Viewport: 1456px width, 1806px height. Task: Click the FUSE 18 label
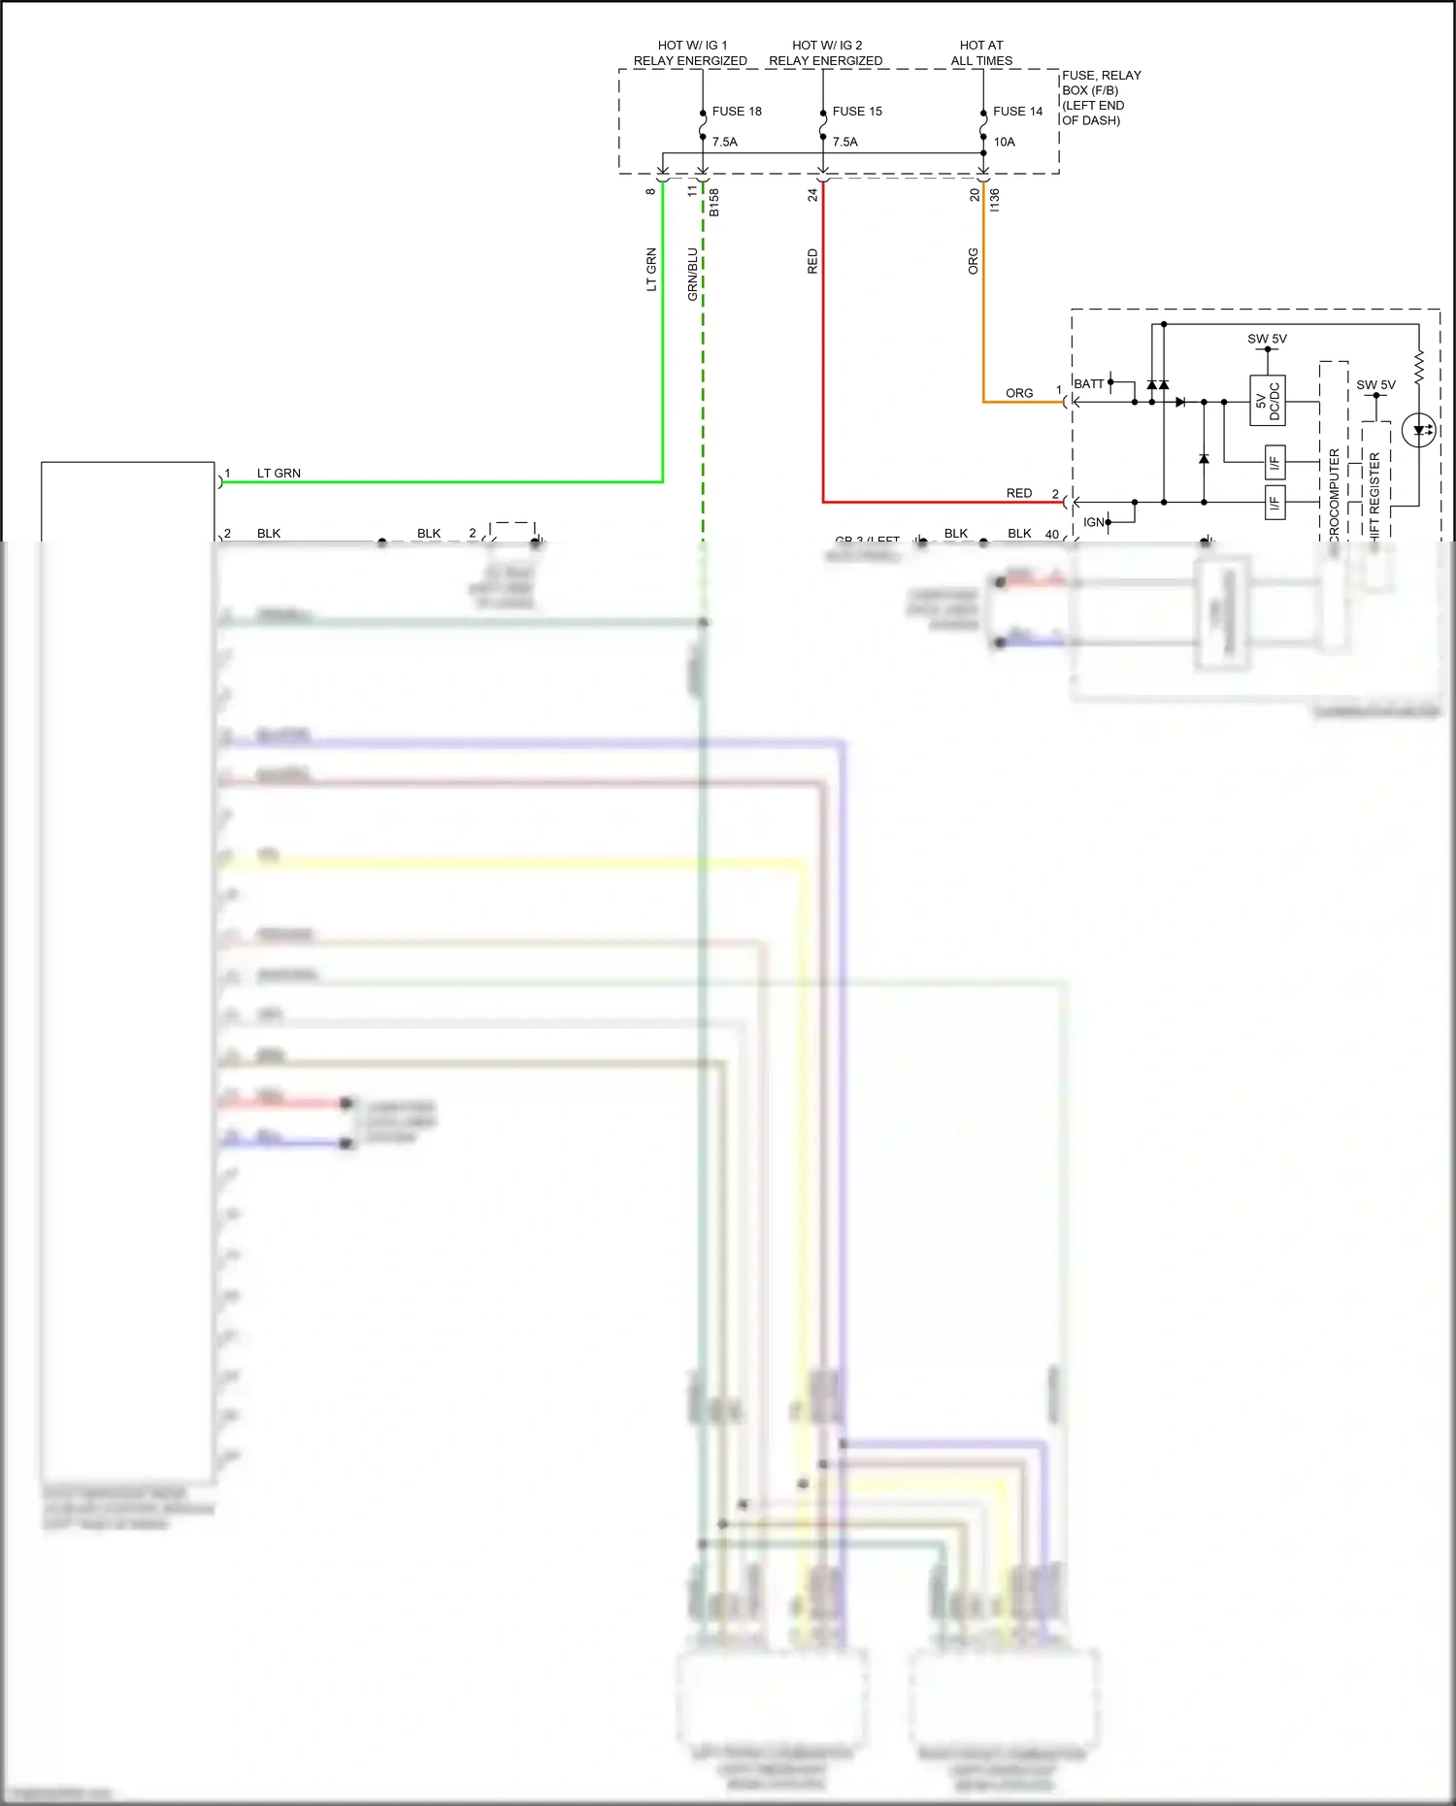(x=737, y=112)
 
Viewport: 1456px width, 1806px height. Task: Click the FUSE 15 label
(x=857, y=112)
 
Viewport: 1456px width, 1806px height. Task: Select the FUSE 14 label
(x=1017, y=112)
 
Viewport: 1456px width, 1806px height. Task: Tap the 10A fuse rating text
(x=1004, y=142)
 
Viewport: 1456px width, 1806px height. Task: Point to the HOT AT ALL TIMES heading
(x=981, y=53)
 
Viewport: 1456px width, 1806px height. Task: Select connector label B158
(x=714, y=202)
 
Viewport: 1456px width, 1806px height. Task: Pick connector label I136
(x=994, y=200)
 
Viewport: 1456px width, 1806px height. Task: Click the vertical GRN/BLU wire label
(x=692, y=274)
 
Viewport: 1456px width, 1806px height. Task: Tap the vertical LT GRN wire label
(x=651, y=270)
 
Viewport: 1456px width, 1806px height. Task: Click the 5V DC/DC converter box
(x=1267, y=401)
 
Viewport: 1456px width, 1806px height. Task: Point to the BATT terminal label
(x=1088, y=384)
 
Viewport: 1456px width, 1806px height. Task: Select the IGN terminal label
(x=1093, y=522)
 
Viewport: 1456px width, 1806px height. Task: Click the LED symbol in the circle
(x=1419, y=430)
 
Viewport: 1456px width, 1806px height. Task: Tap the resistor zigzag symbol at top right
(x=1418, y=367)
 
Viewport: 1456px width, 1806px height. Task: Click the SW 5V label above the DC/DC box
(x=1267, y=339)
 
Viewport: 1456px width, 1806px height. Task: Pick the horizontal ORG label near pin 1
(x=1019, y=393)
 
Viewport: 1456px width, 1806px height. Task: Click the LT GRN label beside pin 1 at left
(x=279, y=474)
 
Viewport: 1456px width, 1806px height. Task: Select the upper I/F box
(x=1274, y=462)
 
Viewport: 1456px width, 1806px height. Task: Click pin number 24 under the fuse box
(x=812, y=194)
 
